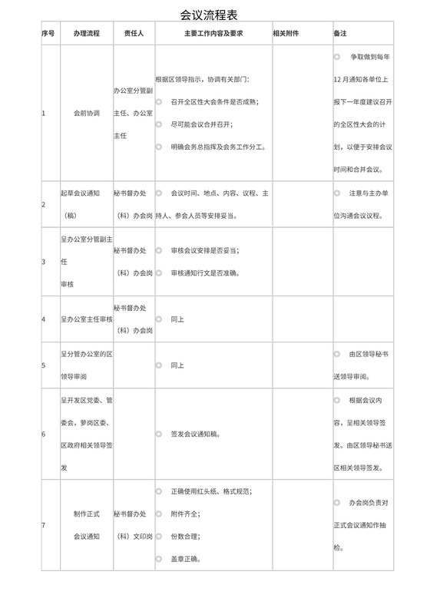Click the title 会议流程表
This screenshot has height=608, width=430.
click(214, 15)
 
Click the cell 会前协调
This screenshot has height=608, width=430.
click(86, 113)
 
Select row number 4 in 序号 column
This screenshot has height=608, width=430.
click(44, 319)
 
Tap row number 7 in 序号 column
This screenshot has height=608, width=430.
click(44, 525)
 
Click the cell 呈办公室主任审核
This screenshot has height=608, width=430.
click(86, 319)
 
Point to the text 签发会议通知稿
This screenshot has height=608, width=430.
click(197, 435)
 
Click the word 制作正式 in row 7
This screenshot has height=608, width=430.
click(86, 514)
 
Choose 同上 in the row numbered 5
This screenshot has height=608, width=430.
click(177, 365)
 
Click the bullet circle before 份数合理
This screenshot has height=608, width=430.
click(159, 536)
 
